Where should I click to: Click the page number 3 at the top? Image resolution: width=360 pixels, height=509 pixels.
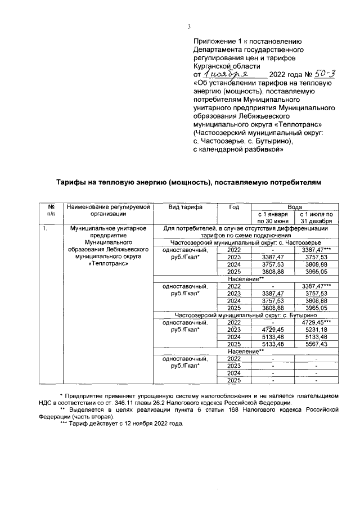tap(190, 26)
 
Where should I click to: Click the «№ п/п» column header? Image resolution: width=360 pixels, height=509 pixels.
tap(51, 210)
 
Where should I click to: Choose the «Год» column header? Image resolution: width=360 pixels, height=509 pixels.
tap(234, 207)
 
